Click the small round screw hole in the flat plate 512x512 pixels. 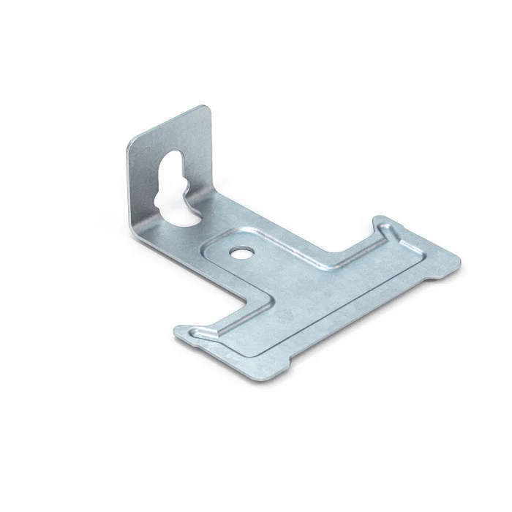(x=238, y=252)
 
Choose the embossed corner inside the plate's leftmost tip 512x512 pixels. (x=192, y=331)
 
